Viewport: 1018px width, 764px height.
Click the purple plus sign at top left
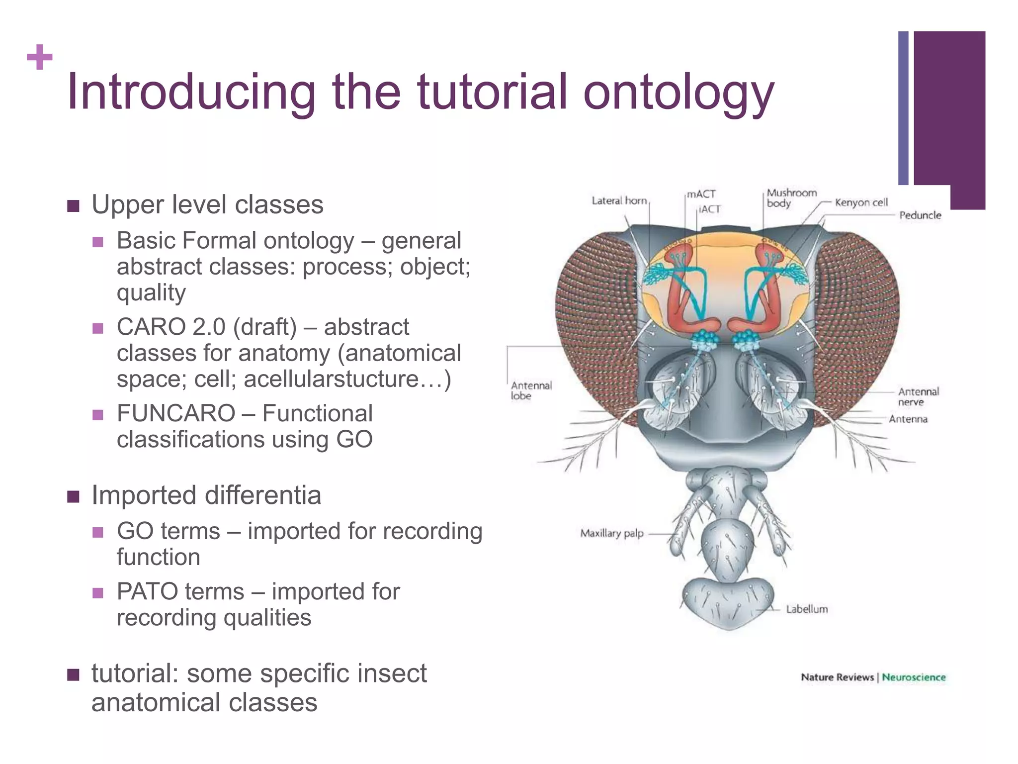click(40, 57)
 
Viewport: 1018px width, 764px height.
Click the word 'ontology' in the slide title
click(678, 93)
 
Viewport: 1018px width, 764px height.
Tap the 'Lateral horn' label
click(619, 200)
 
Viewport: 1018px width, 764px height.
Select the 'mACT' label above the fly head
click(701, 194)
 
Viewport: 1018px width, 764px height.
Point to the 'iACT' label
click(709, 209)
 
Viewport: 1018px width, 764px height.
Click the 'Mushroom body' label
click(791, 198)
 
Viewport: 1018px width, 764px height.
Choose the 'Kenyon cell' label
click(861, 202)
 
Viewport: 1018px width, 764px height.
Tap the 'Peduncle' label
click(920, 215)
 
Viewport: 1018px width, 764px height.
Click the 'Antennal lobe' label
click(531, 390)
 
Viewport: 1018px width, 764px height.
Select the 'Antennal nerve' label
click(918, 396)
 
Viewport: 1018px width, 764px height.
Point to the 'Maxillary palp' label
click(611, 533)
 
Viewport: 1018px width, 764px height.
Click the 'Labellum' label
click(806, 609)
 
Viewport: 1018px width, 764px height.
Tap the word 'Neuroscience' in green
click(914, 677)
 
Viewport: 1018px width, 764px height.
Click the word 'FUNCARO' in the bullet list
click(175, 413)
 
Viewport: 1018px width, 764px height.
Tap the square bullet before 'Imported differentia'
click(73, 496)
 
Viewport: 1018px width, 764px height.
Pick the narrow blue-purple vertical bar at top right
click(903, 108)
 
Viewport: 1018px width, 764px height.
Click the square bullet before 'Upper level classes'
click(73, 205)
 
